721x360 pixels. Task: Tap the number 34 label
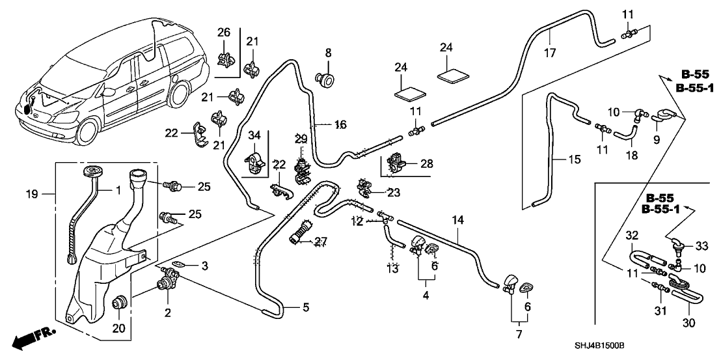[254, 135]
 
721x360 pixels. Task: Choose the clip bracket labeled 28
[396, 163]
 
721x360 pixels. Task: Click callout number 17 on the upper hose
[551, 53]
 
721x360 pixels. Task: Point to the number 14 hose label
[458, 221]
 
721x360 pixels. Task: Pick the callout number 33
[702, 246]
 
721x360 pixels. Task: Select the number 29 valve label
[300, 139]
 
